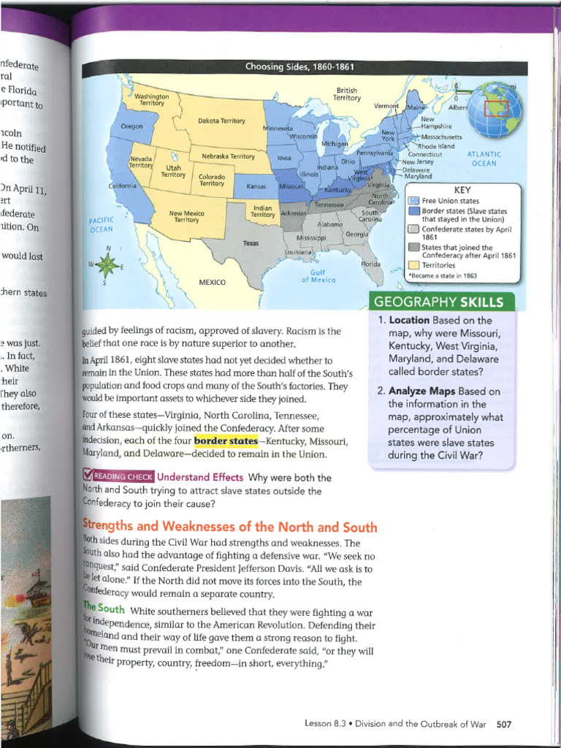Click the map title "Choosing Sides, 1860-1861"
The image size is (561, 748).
299,68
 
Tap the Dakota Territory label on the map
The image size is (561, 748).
221,121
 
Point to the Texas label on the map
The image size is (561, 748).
251,243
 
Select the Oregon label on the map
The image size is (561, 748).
131,126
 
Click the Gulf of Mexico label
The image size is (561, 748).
318,275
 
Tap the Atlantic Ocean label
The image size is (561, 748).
484,159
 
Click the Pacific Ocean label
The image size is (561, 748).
101,224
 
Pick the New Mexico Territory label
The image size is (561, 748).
186,216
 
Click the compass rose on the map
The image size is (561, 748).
108,266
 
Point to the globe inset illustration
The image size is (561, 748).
495,110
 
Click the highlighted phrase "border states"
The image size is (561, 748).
226,441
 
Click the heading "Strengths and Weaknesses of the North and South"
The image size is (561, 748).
229,527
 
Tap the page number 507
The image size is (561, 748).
503,724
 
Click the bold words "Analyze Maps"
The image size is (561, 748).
422,391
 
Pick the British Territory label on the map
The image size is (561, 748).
347,93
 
